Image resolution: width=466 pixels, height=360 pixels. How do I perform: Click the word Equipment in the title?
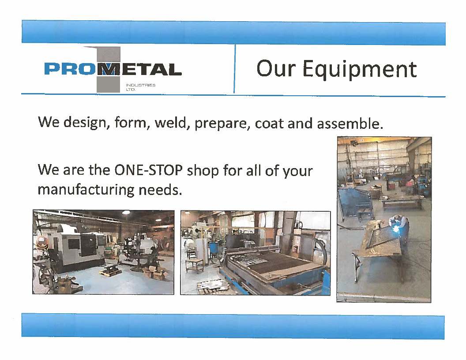click(360, 70)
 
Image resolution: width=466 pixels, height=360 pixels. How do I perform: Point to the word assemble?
click(350, 124)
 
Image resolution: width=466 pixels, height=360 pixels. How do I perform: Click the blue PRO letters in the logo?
click(72, 69)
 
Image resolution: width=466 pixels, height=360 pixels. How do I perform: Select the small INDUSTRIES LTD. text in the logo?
click(140, 87)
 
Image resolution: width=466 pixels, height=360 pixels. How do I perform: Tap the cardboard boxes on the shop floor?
click(154, 272)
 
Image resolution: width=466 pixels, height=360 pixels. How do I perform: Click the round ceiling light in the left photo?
click(126, 212)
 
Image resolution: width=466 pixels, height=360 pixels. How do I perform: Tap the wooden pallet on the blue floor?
click(111, 270)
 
